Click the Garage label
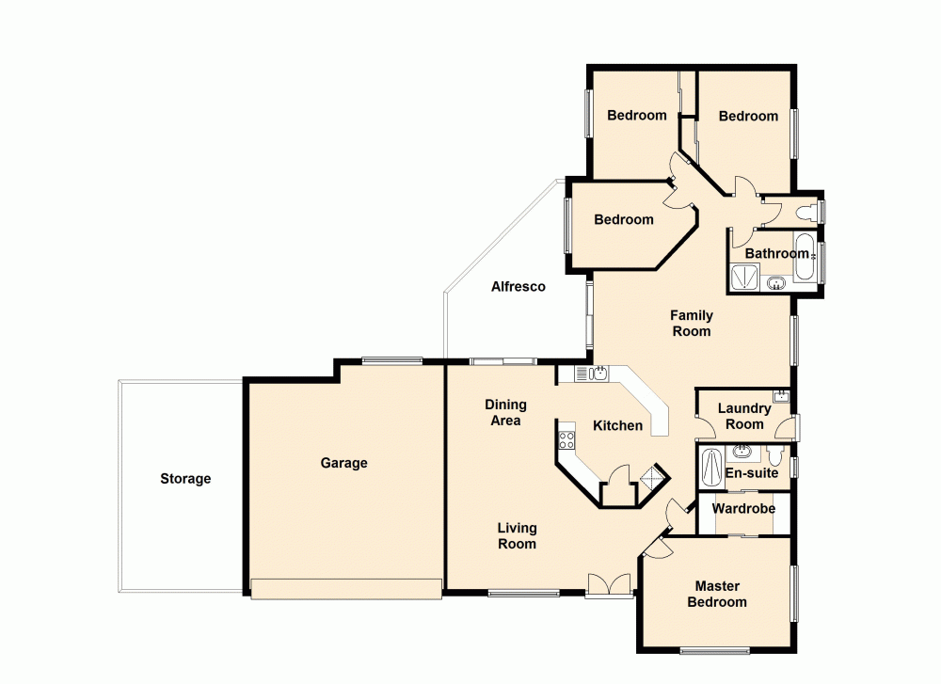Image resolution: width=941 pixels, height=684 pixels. tap(343, 463)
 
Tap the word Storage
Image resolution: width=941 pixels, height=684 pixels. tap(185, 479)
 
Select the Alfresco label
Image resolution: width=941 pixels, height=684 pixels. tap(518, 287)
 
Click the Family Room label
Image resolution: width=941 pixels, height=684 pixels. tap(692, 324)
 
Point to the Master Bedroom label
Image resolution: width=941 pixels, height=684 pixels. tap(717, 595)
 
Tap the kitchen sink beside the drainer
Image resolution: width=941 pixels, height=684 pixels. tap(598, 374)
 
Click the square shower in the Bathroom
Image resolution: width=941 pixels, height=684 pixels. tap(744, 277)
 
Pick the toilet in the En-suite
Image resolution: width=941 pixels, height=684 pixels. tap(774, 457)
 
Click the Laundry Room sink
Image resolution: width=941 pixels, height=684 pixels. tap(780, 396)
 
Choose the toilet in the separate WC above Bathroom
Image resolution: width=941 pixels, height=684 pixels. tap(805, 212)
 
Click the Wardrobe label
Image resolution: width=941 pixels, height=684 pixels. tap(743, 509)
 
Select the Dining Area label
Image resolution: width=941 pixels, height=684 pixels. tap(505, 413)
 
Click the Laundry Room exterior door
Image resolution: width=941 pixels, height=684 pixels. tap(793, 428)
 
